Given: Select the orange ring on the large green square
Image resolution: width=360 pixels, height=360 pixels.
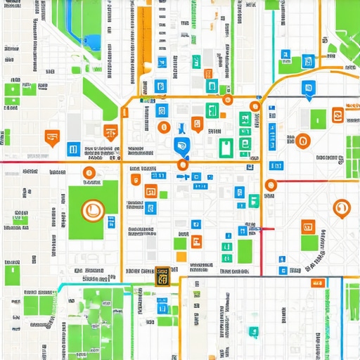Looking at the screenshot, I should click(91, 209).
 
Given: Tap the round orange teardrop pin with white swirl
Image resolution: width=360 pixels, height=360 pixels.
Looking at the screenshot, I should click(341, 207).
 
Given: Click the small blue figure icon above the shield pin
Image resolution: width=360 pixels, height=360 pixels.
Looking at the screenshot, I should click(181, 129).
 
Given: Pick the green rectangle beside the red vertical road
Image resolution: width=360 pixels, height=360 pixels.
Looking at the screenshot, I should click(244, 251).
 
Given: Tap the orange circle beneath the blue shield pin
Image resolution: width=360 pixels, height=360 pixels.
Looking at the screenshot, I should click(183, 165).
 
